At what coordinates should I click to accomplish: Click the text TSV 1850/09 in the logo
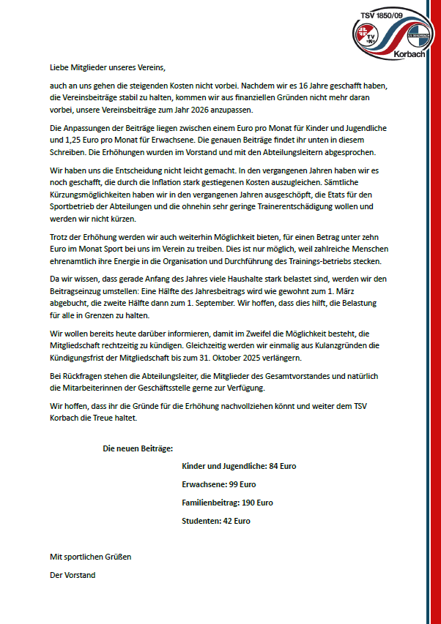391,14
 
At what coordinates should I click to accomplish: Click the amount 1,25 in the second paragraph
75,139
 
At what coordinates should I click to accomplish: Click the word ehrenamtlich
75,261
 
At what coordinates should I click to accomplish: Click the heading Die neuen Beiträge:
138,448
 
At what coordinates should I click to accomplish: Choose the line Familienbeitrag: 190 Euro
227,503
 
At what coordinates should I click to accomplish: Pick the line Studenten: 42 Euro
215,521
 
